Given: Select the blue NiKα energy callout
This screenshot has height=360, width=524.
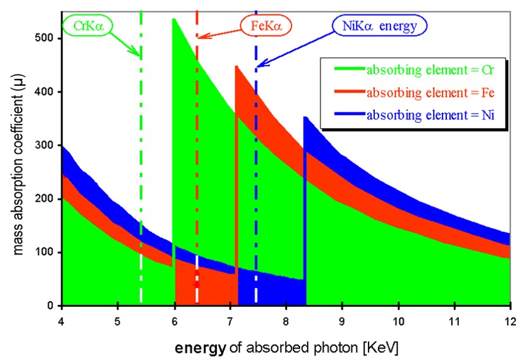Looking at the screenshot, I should pyautogui.click(x=380, y=25).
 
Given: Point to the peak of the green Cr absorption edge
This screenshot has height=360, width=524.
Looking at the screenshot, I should pyautogui.click(x=173, y=20).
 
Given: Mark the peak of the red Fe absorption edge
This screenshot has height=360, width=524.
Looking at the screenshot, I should pyautogui.click(x=236, y=66).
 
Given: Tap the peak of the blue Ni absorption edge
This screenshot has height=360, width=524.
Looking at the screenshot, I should pyautogui.click(x=304, y=117).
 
